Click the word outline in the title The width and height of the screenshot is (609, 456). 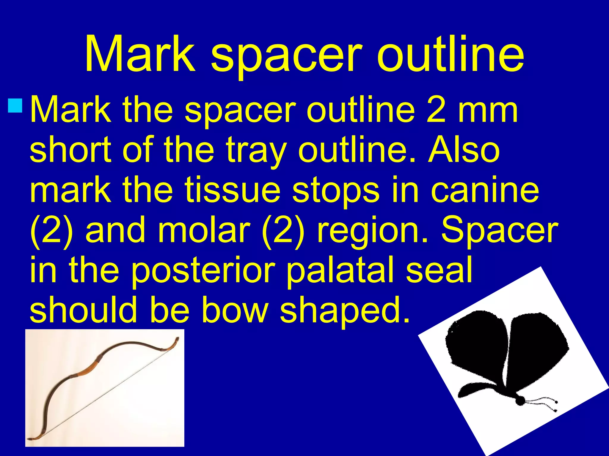pyautogui.click(x=450, y=54)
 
